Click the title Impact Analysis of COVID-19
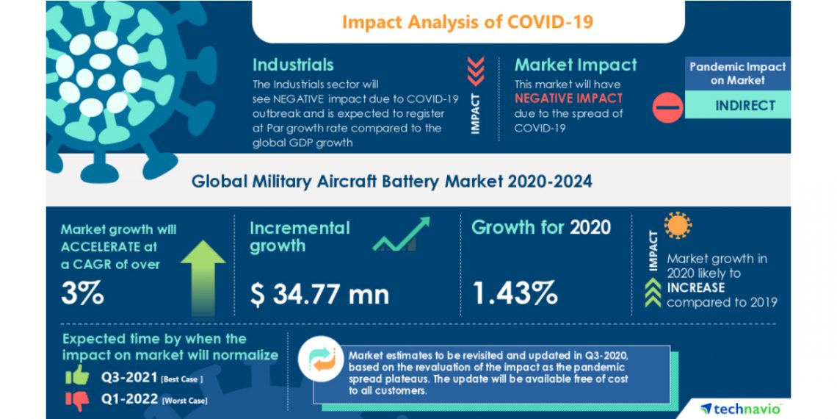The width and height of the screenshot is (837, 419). (x=468, y=21)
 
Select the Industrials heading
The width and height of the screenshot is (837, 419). (x=293, y=65)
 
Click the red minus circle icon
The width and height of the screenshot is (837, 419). (x=668, y=107)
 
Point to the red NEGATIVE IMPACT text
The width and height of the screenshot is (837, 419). (x=568, y=98)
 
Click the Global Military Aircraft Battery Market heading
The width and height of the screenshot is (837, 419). (x=391, y=181)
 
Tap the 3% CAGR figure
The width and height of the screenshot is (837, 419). (x=82, y=293)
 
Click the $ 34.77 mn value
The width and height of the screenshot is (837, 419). (x=319, y=294)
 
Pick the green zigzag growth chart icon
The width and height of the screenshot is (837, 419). (x=400, y=234)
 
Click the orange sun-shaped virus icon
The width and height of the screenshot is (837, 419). (x=678, y=226)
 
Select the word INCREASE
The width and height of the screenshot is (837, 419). (x=695, y=287)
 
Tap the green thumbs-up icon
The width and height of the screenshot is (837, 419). (x=76, y=376)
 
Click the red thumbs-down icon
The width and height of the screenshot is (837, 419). (x=76, y=399)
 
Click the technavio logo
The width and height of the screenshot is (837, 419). (x=740, y=408)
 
